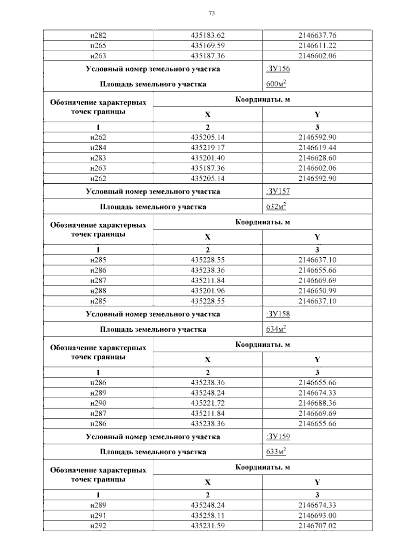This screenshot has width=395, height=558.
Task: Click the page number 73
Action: pos(212,13)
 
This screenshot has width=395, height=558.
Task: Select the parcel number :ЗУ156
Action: pos(278,69)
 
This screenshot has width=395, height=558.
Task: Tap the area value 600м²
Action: pos(276,84)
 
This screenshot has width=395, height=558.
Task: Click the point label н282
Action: pos(98,35)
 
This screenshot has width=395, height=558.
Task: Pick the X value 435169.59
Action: pos(208,45)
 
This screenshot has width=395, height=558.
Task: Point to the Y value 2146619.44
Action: pos(317,148)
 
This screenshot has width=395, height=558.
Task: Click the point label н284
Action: pos(98,148)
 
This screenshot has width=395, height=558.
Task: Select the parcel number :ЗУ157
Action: pos(278,191)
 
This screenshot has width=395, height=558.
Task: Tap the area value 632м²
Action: pos(276,207)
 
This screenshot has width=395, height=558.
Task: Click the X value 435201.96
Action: pos(208,291)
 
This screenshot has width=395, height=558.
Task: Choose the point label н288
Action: pos(98,291)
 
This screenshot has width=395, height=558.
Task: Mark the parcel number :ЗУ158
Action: pos(278,314)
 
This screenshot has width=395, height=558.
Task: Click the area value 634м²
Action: pos(276,329)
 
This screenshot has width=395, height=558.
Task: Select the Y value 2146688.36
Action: pos(317,403)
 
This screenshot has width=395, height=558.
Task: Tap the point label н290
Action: pos(98,403)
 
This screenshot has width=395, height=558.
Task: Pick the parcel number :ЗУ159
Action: pos(278,437)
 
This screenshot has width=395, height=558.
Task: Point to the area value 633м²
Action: pos(276,452)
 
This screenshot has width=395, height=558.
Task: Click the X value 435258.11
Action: pos(208,516)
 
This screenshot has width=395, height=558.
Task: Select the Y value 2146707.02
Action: pos(317,526)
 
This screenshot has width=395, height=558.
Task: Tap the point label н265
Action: pos(98,45)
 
